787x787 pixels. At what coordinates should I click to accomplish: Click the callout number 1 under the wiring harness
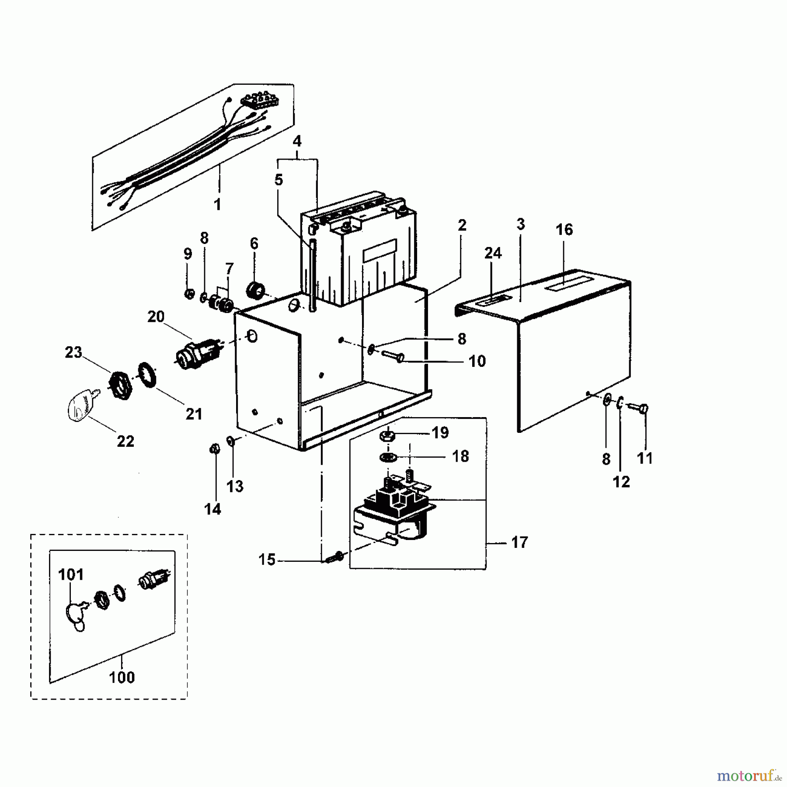click(x=217, y=204)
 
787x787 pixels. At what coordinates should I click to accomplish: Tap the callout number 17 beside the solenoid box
click(x=519, y=543)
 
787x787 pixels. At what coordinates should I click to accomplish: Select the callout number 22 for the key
click(x=125, y=441)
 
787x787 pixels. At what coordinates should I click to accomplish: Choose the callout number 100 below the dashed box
click(x=122, y=678)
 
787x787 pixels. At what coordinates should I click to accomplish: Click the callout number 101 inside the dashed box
click(x=71, y=574)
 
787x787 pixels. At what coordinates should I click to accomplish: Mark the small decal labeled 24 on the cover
click(x=494, y=300)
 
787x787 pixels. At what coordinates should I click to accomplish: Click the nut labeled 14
click(x=215, y=449)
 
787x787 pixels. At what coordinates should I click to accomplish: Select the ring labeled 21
click(x=149, y=374)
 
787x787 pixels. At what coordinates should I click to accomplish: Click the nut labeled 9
click(x=189, y=293)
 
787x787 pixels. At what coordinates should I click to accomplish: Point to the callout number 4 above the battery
click(x=297, y=141)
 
